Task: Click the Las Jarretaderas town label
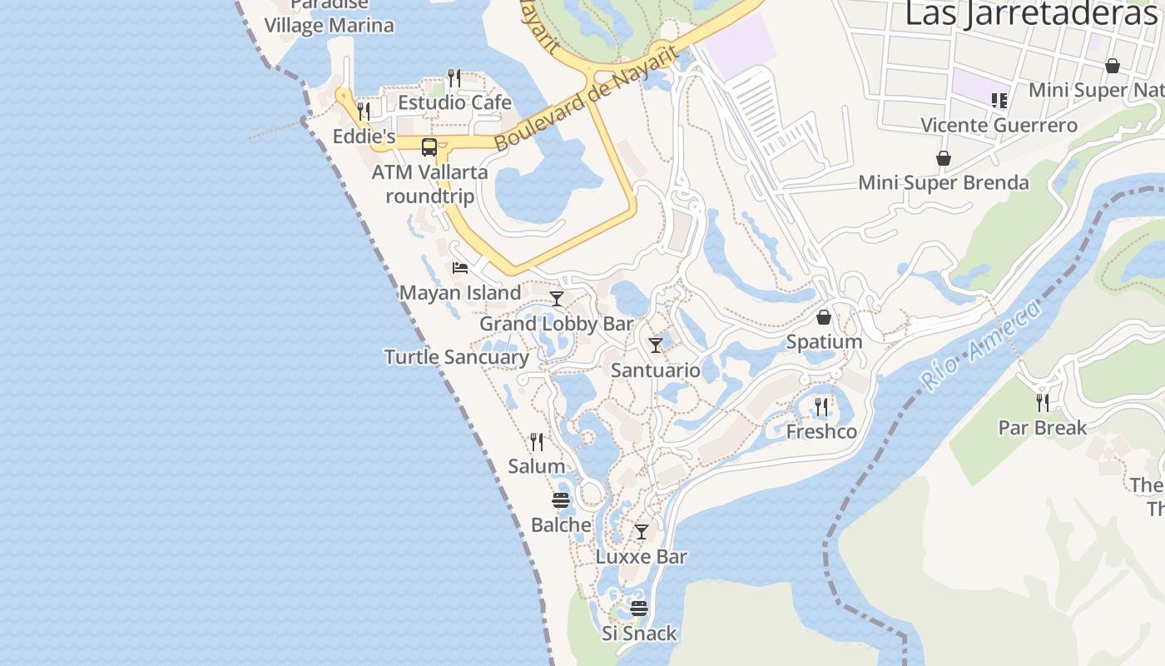(1032, 14)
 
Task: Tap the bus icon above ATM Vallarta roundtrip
(429, 147)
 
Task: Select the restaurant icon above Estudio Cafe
(454, 78)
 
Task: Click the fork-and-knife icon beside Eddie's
(364, 111)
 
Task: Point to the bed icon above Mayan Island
(460, 268)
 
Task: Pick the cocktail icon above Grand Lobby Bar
(557, 299)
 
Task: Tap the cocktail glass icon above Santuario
(656, 345)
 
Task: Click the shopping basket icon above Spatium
(824, 317)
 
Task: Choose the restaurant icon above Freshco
(821, 406)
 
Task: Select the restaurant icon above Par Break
(1043, 403)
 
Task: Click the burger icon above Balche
(561, 500)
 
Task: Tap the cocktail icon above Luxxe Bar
(642, 531)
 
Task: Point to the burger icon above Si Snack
(639, 609)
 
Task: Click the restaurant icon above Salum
(537, 441)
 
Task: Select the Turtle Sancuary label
(456, 357)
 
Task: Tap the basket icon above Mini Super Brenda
(944, 158)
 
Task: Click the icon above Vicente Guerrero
(999, 101)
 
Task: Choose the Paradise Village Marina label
(330, 17)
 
